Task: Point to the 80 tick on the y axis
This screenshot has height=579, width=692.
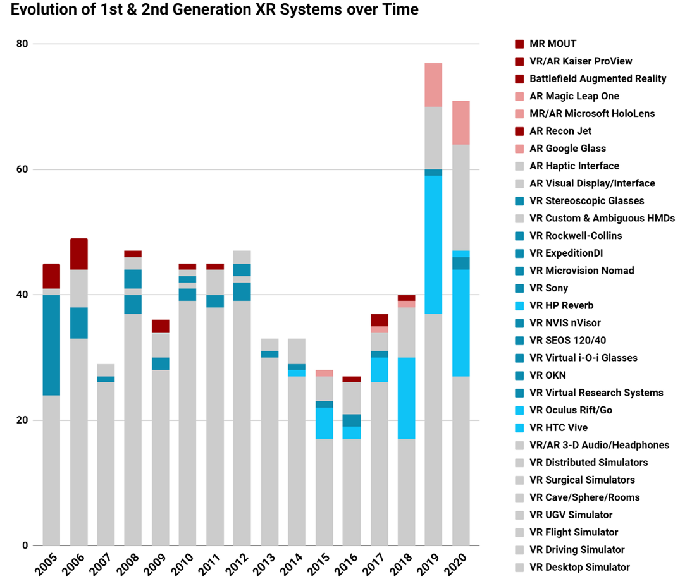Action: click(x=23, y=44)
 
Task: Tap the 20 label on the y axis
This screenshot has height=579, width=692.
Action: click(x=23, y=420)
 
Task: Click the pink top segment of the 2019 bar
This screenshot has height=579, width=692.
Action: click(x=433, y=85)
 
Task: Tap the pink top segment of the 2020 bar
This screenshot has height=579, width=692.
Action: click(x=460, y=123)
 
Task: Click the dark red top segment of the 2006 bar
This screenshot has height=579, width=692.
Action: click(x=79, y=254)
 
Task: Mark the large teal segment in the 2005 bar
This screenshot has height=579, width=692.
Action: click(x=51, y=345)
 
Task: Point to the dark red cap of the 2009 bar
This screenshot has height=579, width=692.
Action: click(x=161, y=326)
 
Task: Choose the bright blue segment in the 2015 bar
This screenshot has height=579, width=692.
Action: click(x=324, y=423)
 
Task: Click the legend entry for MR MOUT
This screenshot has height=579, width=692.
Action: click(x=553, y=44)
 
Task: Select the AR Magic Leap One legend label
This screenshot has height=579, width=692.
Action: click(x=574, y=96)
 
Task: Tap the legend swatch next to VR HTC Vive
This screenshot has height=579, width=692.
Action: click(x=519, y=428)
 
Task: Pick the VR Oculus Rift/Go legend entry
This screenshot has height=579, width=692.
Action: click(x=570, y=410)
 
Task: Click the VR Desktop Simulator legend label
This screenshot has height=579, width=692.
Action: click(x=579, y=567)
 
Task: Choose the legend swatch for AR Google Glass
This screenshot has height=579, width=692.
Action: click(x=519, y=149)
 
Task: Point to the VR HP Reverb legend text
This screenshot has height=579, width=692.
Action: click(x=561, y=305)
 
